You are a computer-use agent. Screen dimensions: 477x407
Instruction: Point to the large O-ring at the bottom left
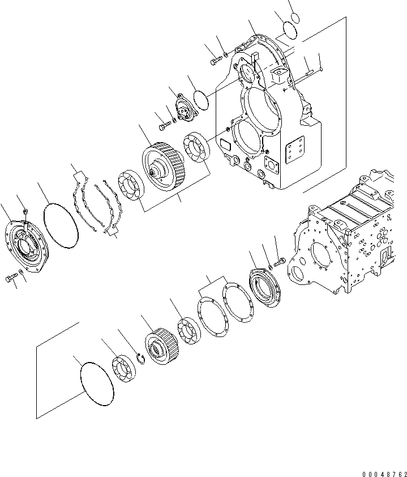click(97, 385)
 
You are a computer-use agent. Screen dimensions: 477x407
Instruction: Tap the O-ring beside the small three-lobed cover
click(200, 99)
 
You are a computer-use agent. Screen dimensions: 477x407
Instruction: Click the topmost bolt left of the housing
click(215, 59)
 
